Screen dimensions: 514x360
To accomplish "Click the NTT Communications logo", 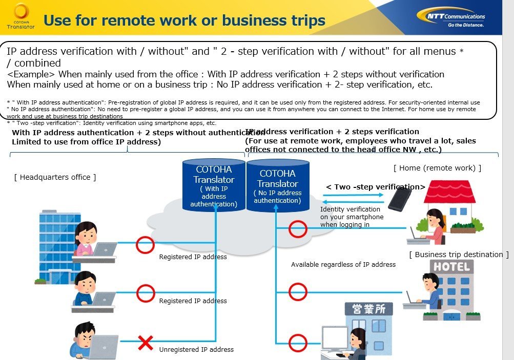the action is pos(451,18).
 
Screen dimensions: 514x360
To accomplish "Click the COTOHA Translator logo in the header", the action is pos(21,16).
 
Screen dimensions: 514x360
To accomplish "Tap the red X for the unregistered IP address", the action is pos(145,343).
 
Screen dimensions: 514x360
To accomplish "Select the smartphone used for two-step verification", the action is pos(400,199).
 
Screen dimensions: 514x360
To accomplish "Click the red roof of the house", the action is pos(449,192).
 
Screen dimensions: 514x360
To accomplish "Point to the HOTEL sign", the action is pos(451,267).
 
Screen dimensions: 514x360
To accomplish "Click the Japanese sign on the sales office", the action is pos(369,309).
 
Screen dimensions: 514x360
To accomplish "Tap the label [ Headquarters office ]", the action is pos(55,177).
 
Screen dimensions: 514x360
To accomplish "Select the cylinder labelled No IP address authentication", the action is pos(278,185).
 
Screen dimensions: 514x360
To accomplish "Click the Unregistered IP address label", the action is pos(196,350).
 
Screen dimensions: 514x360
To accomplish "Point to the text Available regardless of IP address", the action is pos(343,265).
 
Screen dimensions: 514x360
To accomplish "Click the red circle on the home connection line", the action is pos(298,228).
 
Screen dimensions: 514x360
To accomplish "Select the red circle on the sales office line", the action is pos(298,343).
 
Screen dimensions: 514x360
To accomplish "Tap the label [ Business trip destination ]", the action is pos(459,255).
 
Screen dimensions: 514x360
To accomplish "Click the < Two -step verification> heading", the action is pos(376,187).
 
